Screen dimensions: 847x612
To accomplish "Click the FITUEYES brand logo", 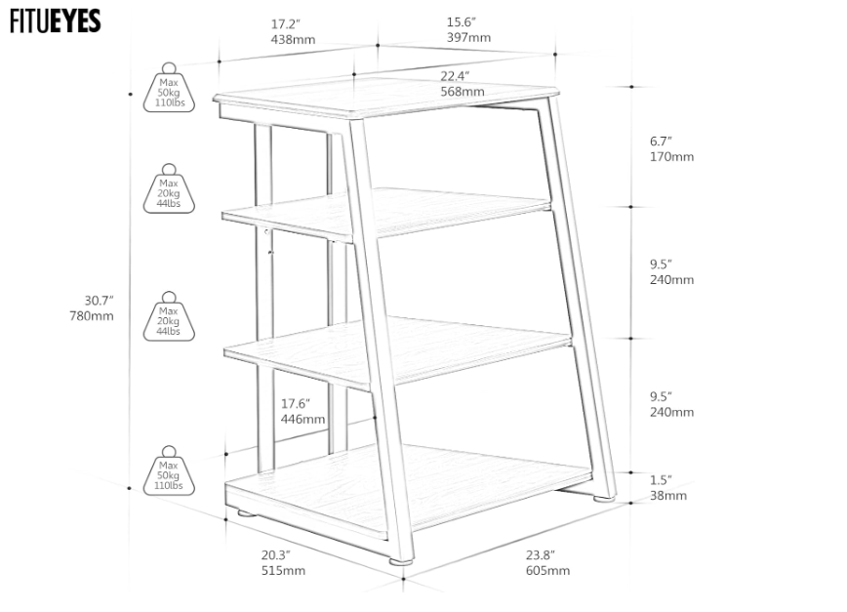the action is point(55,20).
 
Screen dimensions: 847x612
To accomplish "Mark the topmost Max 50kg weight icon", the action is point(169,88).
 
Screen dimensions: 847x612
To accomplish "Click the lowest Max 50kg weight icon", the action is point(169,470).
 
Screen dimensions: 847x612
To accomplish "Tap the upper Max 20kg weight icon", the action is point(169,188).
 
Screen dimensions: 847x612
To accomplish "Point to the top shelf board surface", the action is point(386,98).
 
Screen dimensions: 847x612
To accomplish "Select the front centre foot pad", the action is point(400,562).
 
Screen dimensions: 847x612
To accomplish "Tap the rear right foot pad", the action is point(604,499).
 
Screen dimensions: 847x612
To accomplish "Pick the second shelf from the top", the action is point(386,214).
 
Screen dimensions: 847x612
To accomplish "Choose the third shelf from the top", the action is point(398,351).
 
